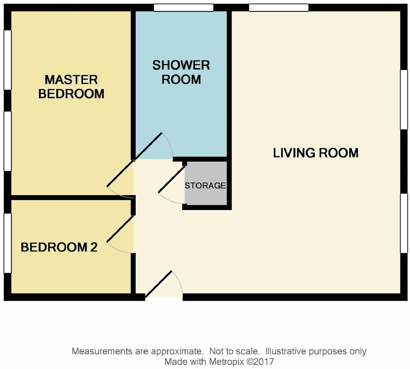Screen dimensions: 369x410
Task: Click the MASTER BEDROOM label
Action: point(71,87)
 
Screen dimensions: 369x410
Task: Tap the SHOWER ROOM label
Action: point(181,72)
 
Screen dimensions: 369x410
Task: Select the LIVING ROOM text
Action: point(316,153)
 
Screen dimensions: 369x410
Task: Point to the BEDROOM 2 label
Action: point(59,247)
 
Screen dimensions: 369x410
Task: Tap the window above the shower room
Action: point(184,7)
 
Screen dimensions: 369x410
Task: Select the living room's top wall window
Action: point(279,7)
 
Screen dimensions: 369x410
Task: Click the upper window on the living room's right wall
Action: point(404,99)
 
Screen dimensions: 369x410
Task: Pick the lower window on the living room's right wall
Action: point(404,223)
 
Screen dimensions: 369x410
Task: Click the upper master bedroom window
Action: point(7,59)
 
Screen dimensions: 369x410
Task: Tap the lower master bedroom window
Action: point(7,141)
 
